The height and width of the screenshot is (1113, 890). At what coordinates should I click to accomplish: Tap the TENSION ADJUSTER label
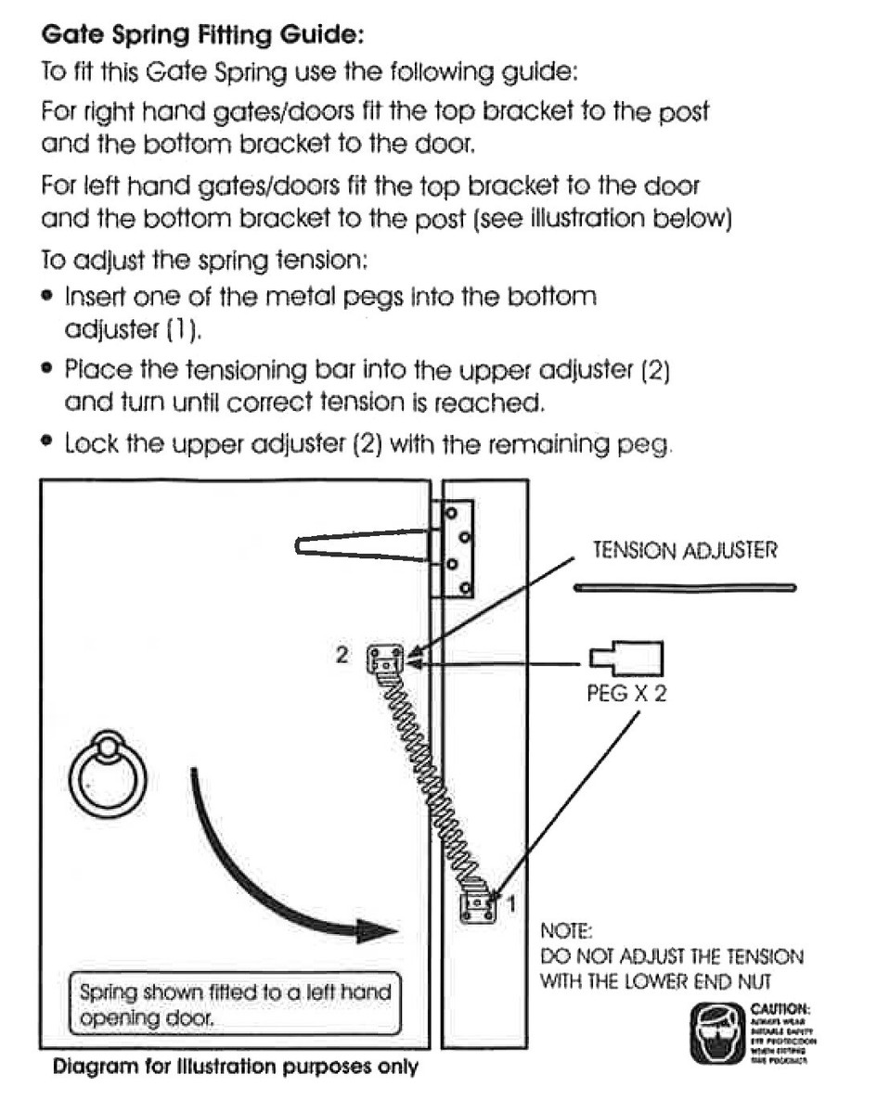tap(684, 551)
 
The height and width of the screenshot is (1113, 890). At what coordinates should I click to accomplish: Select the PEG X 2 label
tap(626, 692)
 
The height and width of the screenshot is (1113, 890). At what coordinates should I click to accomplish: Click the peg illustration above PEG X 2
tap(626, 659)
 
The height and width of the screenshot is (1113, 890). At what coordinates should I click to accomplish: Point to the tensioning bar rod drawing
tap(684, 587)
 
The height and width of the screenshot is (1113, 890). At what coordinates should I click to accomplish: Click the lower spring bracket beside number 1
tap(478, 904)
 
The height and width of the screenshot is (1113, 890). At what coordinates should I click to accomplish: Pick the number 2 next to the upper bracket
tap(342, 655)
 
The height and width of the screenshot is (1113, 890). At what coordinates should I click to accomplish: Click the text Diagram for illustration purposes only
tap(236, 1067)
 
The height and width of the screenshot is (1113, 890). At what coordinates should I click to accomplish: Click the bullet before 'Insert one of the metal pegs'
tap(46, 298)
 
